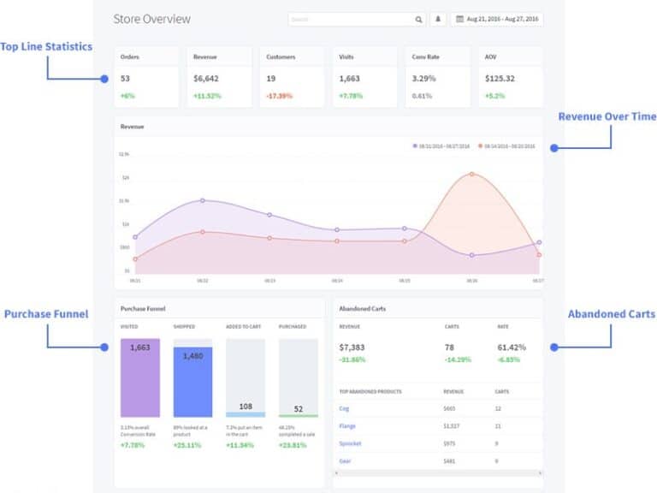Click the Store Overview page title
pyautogui.click(x=152, y=19)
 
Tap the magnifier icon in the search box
pyautogui.click(x=418, y=19)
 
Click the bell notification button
pyautogui.click(x=439, y=19)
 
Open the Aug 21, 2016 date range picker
pyautogui.click(x=497, y=19)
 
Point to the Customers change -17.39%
pyautogui.click(x=280, y=96)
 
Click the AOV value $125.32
pyautogui.click(x=500, y=79)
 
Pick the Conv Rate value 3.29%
pyautogui.click(x=424, y=79)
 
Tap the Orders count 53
pyautogui.click(x=126, y=79)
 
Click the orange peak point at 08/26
pyautogui.click(x=471, y=174)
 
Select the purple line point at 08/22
pyautogui.click(x=203, y=200)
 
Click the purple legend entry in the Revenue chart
pyautogui.click(x=441, y=146)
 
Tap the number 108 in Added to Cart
pyautogui.click(x=246, y=407)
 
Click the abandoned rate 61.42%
pyautogui.click(x=512, y=347)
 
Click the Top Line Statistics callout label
pyautogui.click(x=46, y=46)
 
